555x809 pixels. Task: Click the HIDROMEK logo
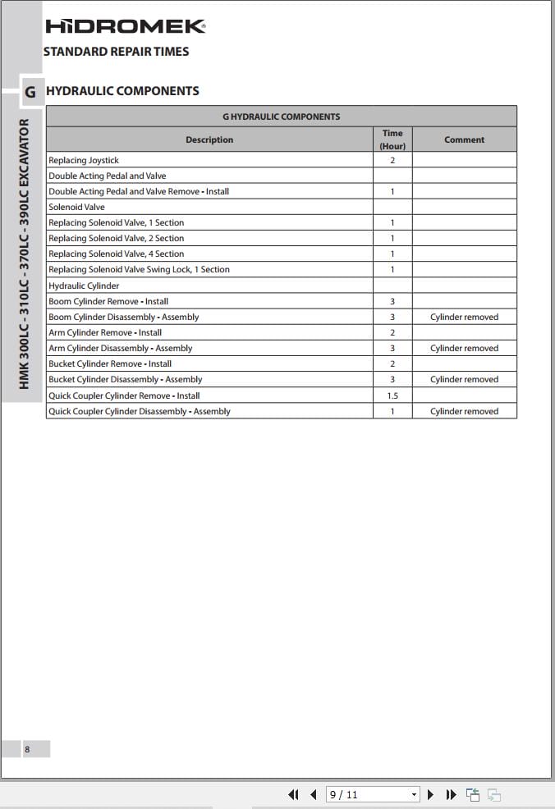click(125, 26)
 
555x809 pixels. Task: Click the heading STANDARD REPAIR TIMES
click(116, 52)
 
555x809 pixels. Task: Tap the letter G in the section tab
click(30, 92)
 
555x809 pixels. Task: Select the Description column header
click(209, 139)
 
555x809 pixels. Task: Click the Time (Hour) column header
click(392, 139)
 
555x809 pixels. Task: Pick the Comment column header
click(465, 139)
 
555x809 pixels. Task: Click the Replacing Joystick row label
click(84, 160)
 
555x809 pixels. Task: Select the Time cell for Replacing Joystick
click(392, 160)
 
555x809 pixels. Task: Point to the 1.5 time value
click(392, 395)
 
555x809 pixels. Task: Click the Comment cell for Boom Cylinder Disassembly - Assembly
click(465, 317)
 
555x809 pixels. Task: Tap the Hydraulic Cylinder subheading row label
click(84, 286)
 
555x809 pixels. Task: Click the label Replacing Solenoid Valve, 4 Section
click(117, 254)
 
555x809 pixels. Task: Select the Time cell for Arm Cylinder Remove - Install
click(392, 332)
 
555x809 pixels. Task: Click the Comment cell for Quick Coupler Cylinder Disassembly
click(465, 411)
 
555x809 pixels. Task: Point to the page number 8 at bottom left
click(27, 749)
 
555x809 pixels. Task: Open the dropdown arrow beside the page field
click(414, 794)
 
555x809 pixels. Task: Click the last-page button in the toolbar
click(451, 794)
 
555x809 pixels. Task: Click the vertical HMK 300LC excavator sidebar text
click(24, 254)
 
